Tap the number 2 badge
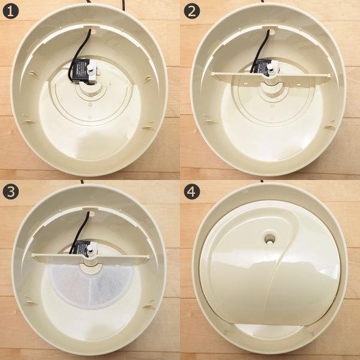tap(192, 12)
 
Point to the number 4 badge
tap(192, 193)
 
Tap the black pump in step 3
tap(82, 247)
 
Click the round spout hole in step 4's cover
tap(268, 239)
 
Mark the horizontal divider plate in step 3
tap(90, 256)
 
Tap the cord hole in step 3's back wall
tap(91, 211)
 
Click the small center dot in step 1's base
tap(90, 104)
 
